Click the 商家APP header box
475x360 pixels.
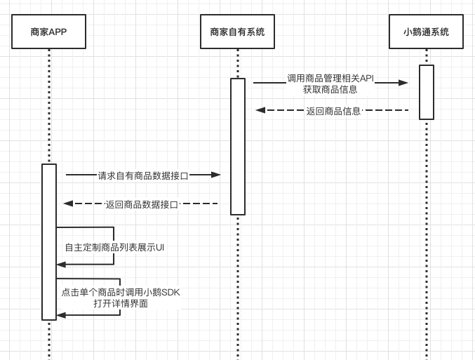48,32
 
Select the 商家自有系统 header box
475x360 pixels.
237,32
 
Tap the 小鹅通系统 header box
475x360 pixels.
426,32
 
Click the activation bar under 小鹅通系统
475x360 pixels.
427,92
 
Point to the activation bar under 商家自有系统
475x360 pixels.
238,146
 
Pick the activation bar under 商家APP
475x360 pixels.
49,241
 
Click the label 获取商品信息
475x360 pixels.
330,89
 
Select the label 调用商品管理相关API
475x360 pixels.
330,78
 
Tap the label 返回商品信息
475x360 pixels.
333,111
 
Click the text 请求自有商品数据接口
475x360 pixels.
143,175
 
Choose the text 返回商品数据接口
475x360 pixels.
142,204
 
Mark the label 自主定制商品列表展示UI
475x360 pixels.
114,247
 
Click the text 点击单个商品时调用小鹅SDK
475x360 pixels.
121,292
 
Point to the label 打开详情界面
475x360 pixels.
121,303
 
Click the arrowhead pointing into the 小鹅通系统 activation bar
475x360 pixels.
403,83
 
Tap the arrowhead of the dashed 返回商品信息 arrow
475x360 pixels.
260,110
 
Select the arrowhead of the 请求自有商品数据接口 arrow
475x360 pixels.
216,175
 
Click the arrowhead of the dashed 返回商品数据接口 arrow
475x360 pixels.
68,204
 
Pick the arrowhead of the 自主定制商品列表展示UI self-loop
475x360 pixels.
61,265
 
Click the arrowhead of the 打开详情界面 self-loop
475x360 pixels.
61,315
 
